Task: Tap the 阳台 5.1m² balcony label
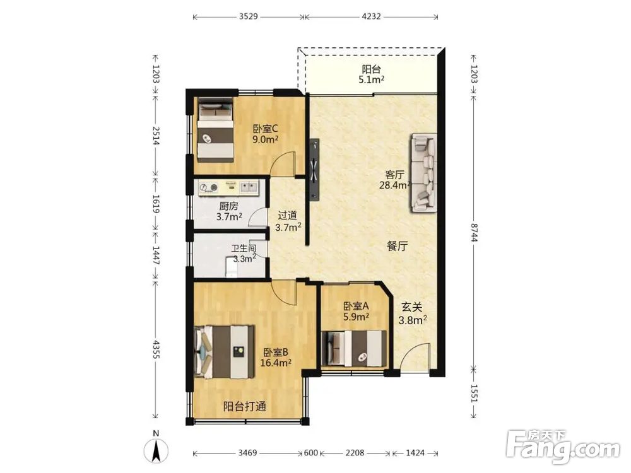point(371,74)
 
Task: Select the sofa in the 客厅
point(424,173)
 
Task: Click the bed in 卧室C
point(215,131)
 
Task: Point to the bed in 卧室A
point(355,348)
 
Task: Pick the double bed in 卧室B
point(224,352)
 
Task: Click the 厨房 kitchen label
point(229,211)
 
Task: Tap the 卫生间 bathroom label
point(244,254)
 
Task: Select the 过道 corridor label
point(288,221)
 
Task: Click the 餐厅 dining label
point(398,246)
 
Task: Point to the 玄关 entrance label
point(413,313)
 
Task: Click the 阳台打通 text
point(245,406)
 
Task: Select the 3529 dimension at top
point(248,16)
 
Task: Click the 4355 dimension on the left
point(156,349)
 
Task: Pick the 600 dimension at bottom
point(310,453)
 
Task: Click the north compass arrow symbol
point(156,451)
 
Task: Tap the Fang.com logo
point(563,447)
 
